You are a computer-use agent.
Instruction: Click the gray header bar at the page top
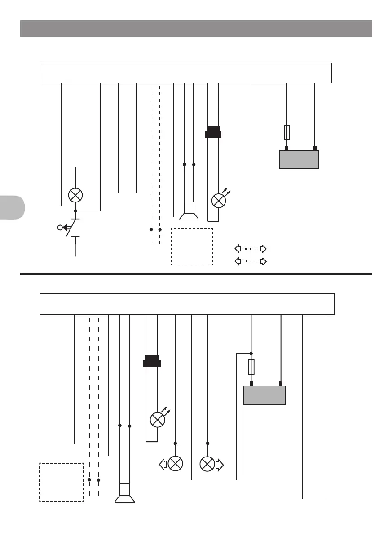(x=196, y=28)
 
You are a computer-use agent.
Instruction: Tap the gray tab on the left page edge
(x=12, y=207)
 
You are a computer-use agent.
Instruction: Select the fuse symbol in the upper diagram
(x=287, y=133)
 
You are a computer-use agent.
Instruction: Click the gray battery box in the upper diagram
(x=299, y=159)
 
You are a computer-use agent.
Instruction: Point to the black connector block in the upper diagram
(x=213, y=133)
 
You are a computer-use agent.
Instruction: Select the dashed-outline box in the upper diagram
(x=192, y=247)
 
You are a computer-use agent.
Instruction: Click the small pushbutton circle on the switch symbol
(x=60, y=228)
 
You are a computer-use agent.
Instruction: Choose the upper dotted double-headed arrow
(x=251, y=248)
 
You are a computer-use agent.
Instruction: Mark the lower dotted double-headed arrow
(x=251, y=261)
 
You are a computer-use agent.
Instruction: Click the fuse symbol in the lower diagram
(x=251, y=367)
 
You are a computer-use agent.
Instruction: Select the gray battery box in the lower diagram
(x=264, y=395)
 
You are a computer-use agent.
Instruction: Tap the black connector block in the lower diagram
(x=152, y=361)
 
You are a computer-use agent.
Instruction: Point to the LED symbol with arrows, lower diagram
(x=158, y=420)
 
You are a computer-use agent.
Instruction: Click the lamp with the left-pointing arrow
(x=176, y=464)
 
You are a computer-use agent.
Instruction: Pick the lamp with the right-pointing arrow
(x=207, y=464)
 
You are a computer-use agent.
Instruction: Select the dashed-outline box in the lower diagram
(x=62, y=482)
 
